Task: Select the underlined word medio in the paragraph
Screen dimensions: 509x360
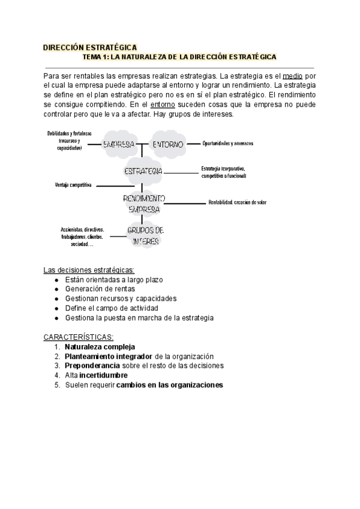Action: point(292,76)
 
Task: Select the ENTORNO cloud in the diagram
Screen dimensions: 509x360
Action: point(169,144)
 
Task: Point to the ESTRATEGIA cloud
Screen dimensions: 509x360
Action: point(143,172)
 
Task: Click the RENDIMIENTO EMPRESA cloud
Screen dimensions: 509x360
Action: point(144,203)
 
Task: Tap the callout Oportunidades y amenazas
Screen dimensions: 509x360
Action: point(228,143)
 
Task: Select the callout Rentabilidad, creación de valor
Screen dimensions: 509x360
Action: point(237,202)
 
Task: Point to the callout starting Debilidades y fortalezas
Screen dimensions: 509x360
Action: point(70,140)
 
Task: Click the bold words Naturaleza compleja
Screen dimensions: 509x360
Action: point(100,346)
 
